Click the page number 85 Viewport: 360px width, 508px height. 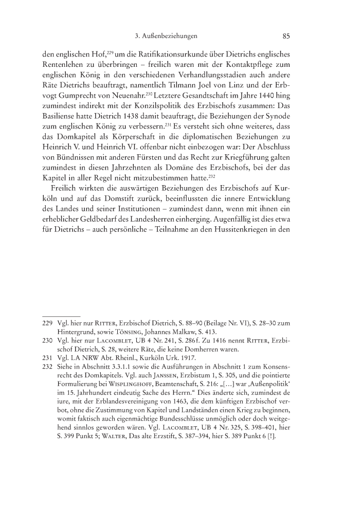287,36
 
